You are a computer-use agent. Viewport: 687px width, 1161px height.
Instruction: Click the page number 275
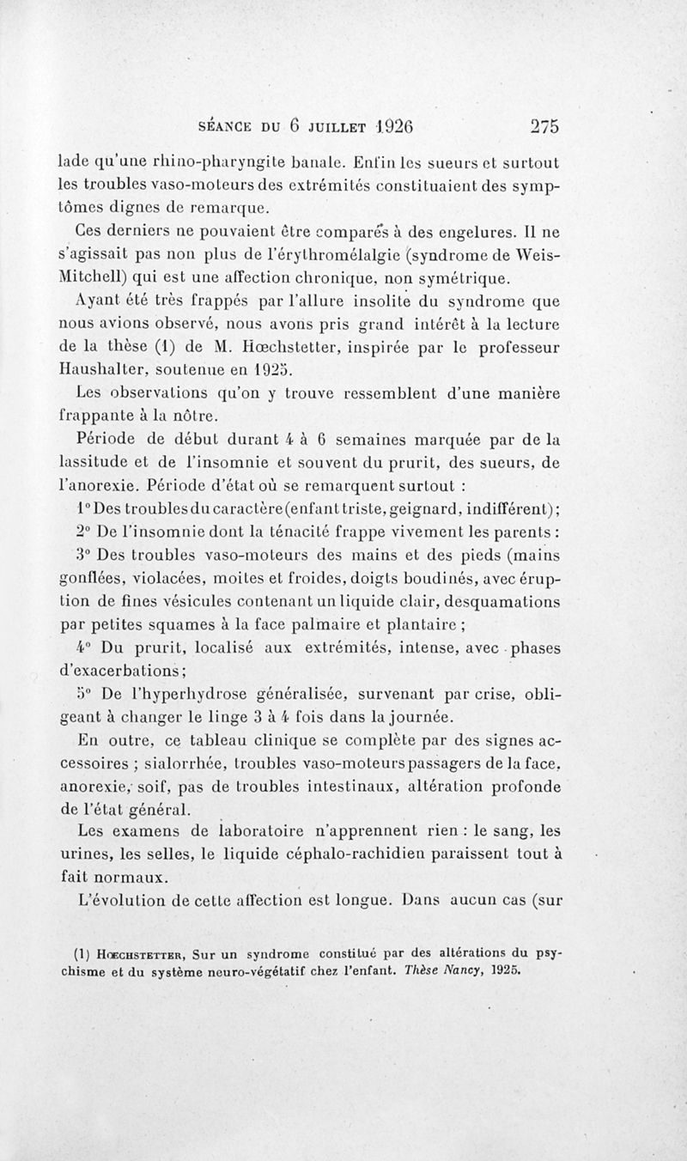544,125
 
